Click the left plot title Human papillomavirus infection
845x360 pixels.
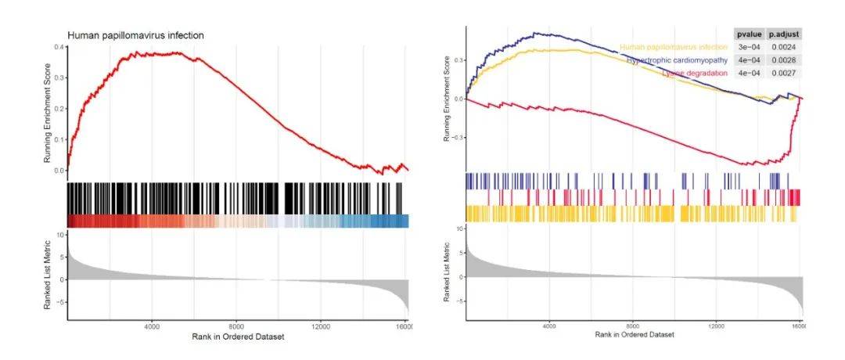tap(135, 36)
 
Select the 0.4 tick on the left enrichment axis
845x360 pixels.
tap(59, 47)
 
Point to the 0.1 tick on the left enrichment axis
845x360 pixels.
tap(59, 139)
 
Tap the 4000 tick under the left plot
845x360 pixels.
tap(152, 326)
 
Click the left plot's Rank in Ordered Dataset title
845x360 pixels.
tap(238, 337)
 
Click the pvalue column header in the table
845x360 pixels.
tap(749, 34)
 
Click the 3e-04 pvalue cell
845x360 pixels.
tap(749, 47)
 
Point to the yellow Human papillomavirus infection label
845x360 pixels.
tap(674, 47)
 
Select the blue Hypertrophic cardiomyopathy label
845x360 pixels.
tap(678, 59)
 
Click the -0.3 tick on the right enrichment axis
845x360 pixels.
tap(456, 137)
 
